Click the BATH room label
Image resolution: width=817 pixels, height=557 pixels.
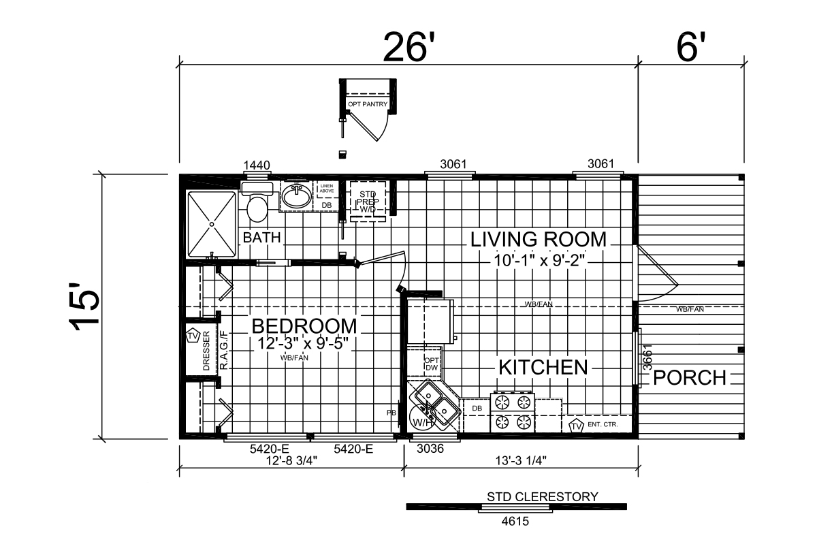[x=261, y=238]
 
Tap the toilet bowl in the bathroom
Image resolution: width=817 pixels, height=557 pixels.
[x=257, y=209]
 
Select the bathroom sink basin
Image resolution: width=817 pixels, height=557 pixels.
[x=298, y=195]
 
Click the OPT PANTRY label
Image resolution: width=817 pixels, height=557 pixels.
[x=368, y=104]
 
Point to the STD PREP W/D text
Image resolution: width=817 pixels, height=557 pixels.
[x=368, y=202]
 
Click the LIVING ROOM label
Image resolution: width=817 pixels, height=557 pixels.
[x=539, y=239]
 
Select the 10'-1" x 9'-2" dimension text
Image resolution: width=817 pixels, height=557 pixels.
[x=539, y=261]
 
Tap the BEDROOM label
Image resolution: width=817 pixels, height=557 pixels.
[x=304, y=326]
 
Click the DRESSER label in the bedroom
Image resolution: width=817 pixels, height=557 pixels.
[x=206, y=351]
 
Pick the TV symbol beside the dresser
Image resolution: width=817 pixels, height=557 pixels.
[x=193, y=336]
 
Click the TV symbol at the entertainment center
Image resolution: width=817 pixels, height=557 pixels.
[x=576, y=426]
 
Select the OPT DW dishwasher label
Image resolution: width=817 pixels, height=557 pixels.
[x=432, y=364]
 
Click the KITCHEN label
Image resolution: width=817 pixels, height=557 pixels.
[x=543, y=367]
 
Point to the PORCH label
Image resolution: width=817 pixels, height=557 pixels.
[x=690, y=378]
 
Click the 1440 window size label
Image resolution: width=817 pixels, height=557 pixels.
[x=257, y=165]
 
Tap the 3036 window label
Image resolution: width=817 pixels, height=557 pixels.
[x=430, y=448]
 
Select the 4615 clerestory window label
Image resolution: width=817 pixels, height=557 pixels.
[x=515, y=522]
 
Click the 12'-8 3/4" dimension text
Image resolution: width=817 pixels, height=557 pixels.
[x=292, y=461]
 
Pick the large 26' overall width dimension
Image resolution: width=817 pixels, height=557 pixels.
[x=410, y=47]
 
